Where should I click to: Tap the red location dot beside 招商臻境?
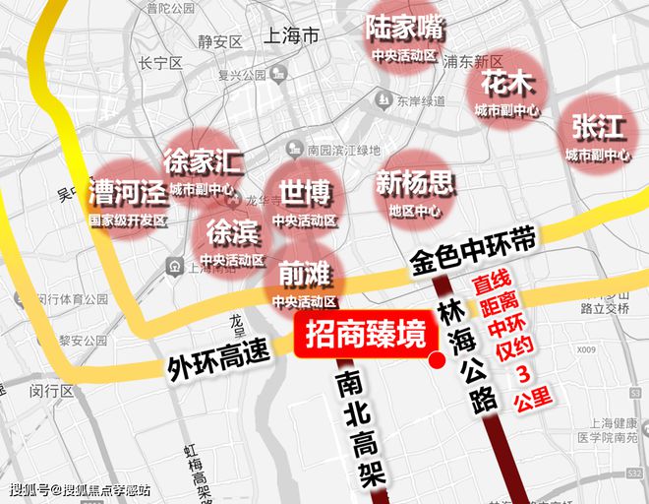[437, 361]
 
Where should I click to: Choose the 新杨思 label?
[415, 183]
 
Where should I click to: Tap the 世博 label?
[305, 191]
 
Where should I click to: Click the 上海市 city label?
[293, 36]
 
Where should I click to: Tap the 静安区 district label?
[219, 42]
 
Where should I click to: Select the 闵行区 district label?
[52, 391]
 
